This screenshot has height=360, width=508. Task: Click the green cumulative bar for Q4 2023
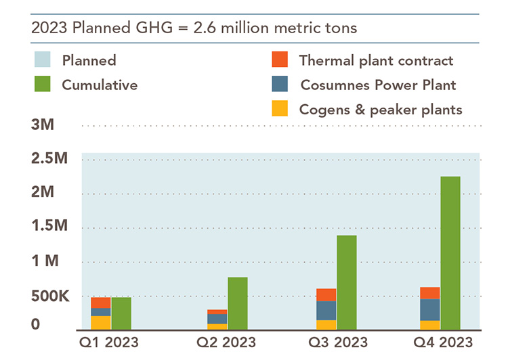[x=450, y=253]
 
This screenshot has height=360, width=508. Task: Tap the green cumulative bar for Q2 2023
[x=237, y=304]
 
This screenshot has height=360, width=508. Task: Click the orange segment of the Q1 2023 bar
[x=101, y=303]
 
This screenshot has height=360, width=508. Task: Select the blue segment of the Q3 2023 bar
[x=326, y=311]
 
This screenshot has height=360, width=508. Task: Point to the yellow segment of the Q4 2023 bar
[x=429, y=325]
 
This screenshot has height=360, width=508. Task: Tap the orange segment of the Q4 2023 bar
[x=429, y=293]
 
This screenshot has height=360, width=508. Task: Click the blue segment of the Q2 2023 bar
[x=217, y=319]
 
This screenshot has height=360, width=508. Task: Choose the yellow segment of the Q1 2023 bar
[x=101, y=323]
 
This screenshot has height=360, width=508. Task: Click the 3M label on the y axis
[x=42, y=126]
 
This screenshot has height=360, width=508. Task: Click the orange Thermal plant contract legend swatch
[x=278, y=60]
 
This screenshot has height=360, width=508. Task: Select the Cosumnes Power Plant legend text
[x=378, y=85]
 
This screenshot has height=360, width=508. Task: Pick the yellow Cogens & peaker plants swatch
[x=278, y=108]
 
